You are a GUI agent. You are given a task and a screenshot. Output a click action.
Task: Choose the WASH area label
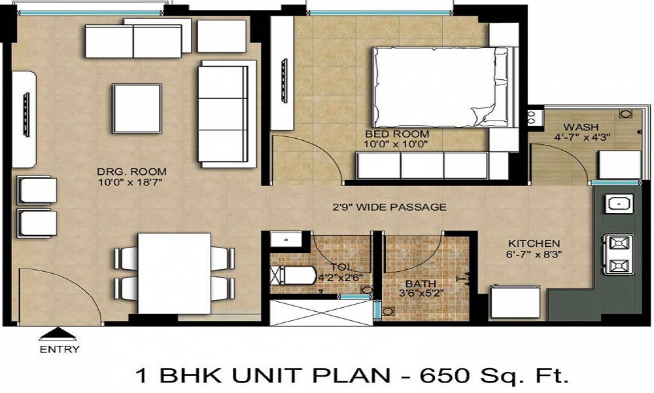pyautogui.click(x=577, y=126)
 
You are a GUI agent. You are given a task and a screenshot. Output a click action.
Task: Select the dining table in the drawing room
pyautogui.click(x=174, y=272)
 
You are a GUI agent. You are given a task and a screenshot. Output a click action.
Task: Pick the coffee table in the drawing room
pyautogui.click(x=137, y=108)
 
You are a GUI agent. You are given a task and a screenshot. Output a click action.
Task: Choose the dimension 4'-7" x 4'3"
pyautogui.click(x=578, y=138)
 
